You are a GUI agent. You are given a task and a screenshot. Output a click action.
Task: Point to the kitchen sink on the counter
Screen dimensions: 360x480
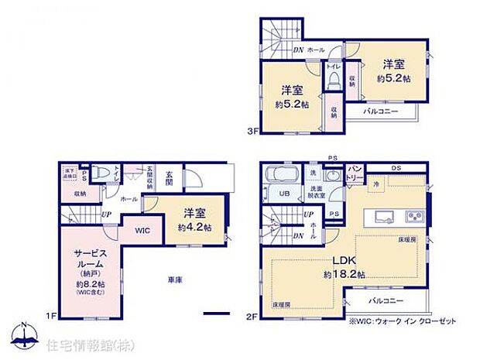pos(386,214)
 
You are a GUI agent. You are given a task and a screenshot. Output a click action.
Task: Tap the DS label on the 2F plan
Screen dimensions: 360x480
pos(396,168)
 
